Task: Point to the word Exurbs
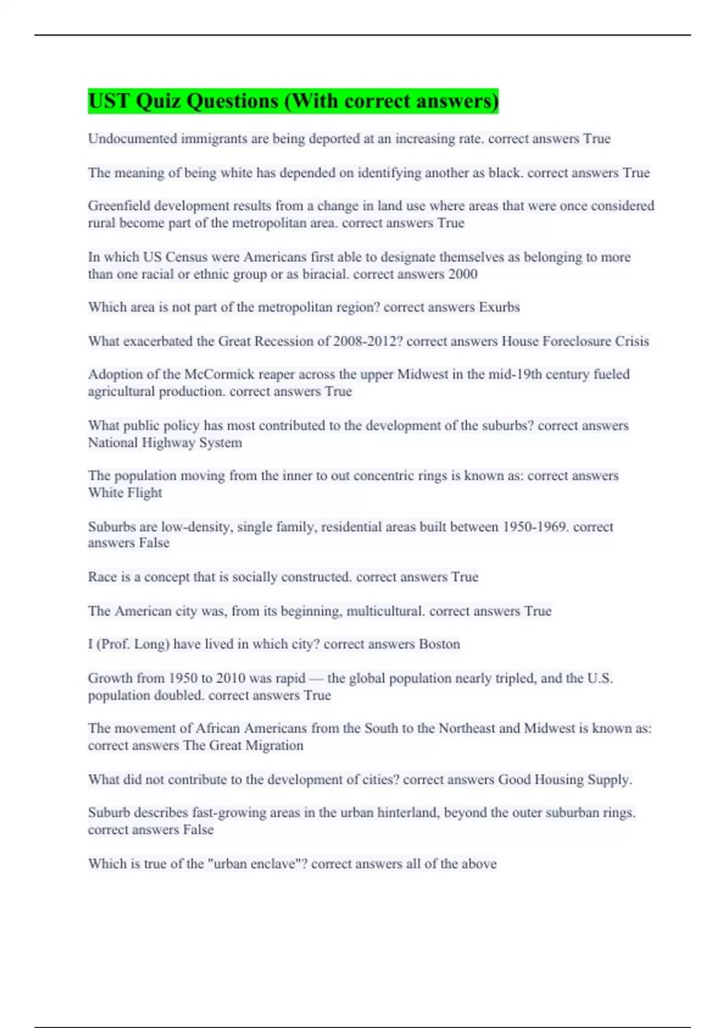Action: pyautogui.click(x=499, y=307)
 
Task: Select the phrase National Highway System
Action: pyautogui.click(x=165, y=443)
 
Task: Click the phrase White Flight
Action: pyautogui.click(x=125, y=493)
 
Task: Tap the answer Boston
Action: pyautogui.click(x=439, y=644)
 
